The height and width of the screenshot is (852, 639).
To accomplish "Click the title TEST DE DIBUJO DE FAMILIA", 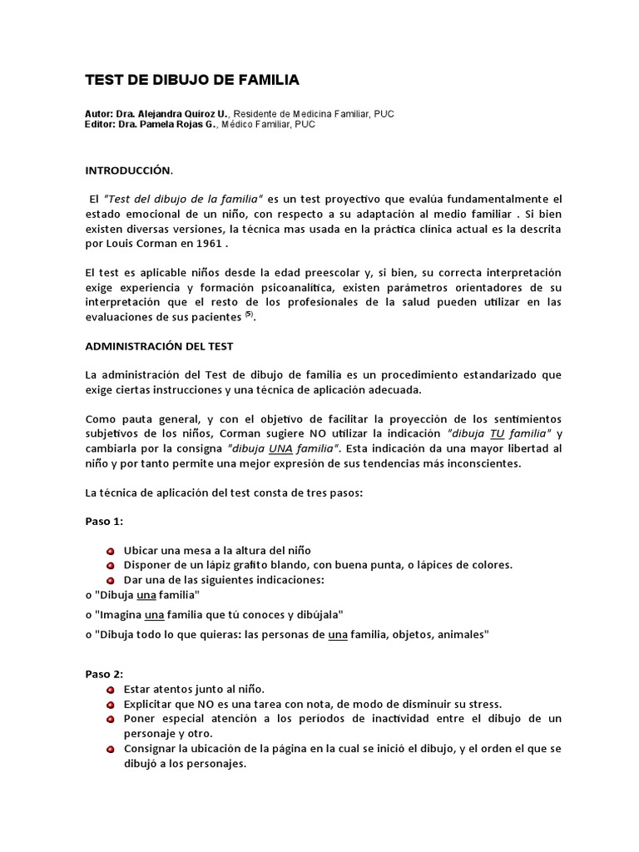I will tap(192, 80).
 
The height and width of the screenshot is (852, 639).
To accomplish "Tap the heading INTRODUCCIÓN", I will tap(129, 171).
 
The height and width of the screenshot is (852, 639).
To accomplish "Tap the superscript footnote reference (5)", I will tap(249, 314).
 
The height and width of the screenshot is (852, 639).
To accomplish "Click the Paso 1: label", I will tap(104, 521).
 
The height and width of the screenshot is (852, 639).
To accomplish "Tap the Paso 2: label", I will tap(104, 673).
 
